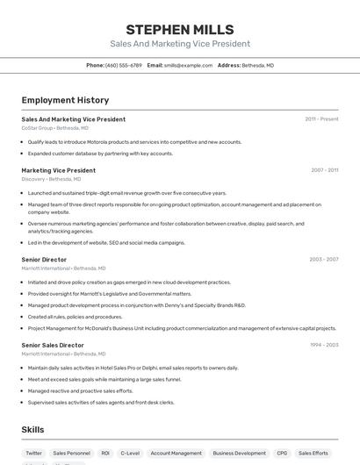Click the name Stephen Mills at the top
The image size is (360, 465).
[x=179, y=29]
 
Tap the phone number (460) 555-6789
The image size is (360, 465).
[x=123, y=65]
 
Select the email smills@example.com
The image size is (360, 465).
[x=188, y=65]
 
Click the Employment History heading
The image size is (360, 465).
[x=65, y=100]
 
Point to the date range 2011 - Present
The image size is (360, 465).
[x=321, y=118]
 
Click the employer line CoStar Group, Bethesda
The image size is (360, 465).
[x=55, y=128]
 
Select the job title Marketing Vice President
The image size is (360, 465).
[x=59, y=170]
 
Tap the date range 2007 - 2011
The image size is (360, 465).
[x=324, y=170]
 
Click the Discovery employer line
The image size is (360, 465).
[x=51, y=179]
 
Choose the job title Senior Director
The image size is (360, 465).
[x=44, y=260]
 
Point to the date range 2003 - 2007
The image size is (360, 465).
[x=324, y=260]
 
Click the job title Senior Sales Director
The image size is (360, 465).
[x=53, y=346]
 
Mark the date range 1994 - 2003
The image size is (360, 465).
[x=324, y=346]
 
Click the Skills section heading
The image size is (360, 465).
[x=32, y=430]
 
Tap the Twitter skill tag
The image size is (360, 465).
[x=33, y=454]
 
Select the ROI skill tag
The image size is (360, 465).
[x=105, y=454]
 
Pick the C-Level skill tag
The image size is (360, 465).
[x=130, y=454]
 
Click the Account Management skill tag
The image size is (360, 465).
[x=176, y=454]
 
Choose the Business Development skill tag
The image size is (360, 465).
[x=239, y=454]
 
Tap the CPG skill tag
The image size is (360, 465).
[x=282, y=454]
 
